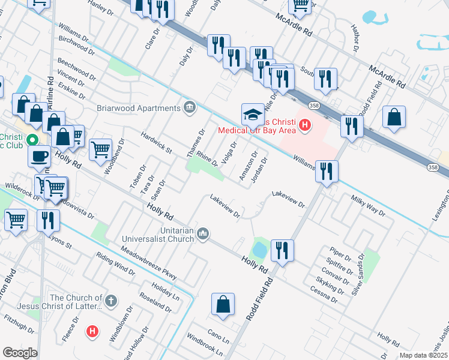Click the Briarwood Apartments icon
pyautogui.click(x=190, y=107)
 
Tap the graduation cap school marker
pyautogui.click(x=253, y=114)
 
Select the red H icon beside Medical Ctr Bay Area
pyautogui.click(x=306, y=125)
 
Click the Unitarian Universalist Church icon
pyautogui.click(x=203, y=233)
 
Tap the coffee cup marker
pyautogui.click(x=40, y=155)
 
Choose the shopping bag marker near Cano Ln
pyautogui.click(x=223, y=304)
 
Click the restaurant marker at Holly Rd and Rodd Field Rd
pyautogui.click(x=282, y=249)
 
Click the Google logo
pyautogui.click(x=19, y=353)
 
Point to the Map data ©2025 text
pyautogui.click(x=423, y=355)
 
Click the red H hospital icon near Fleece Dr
pyautogui.click(x=92, y=331)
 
